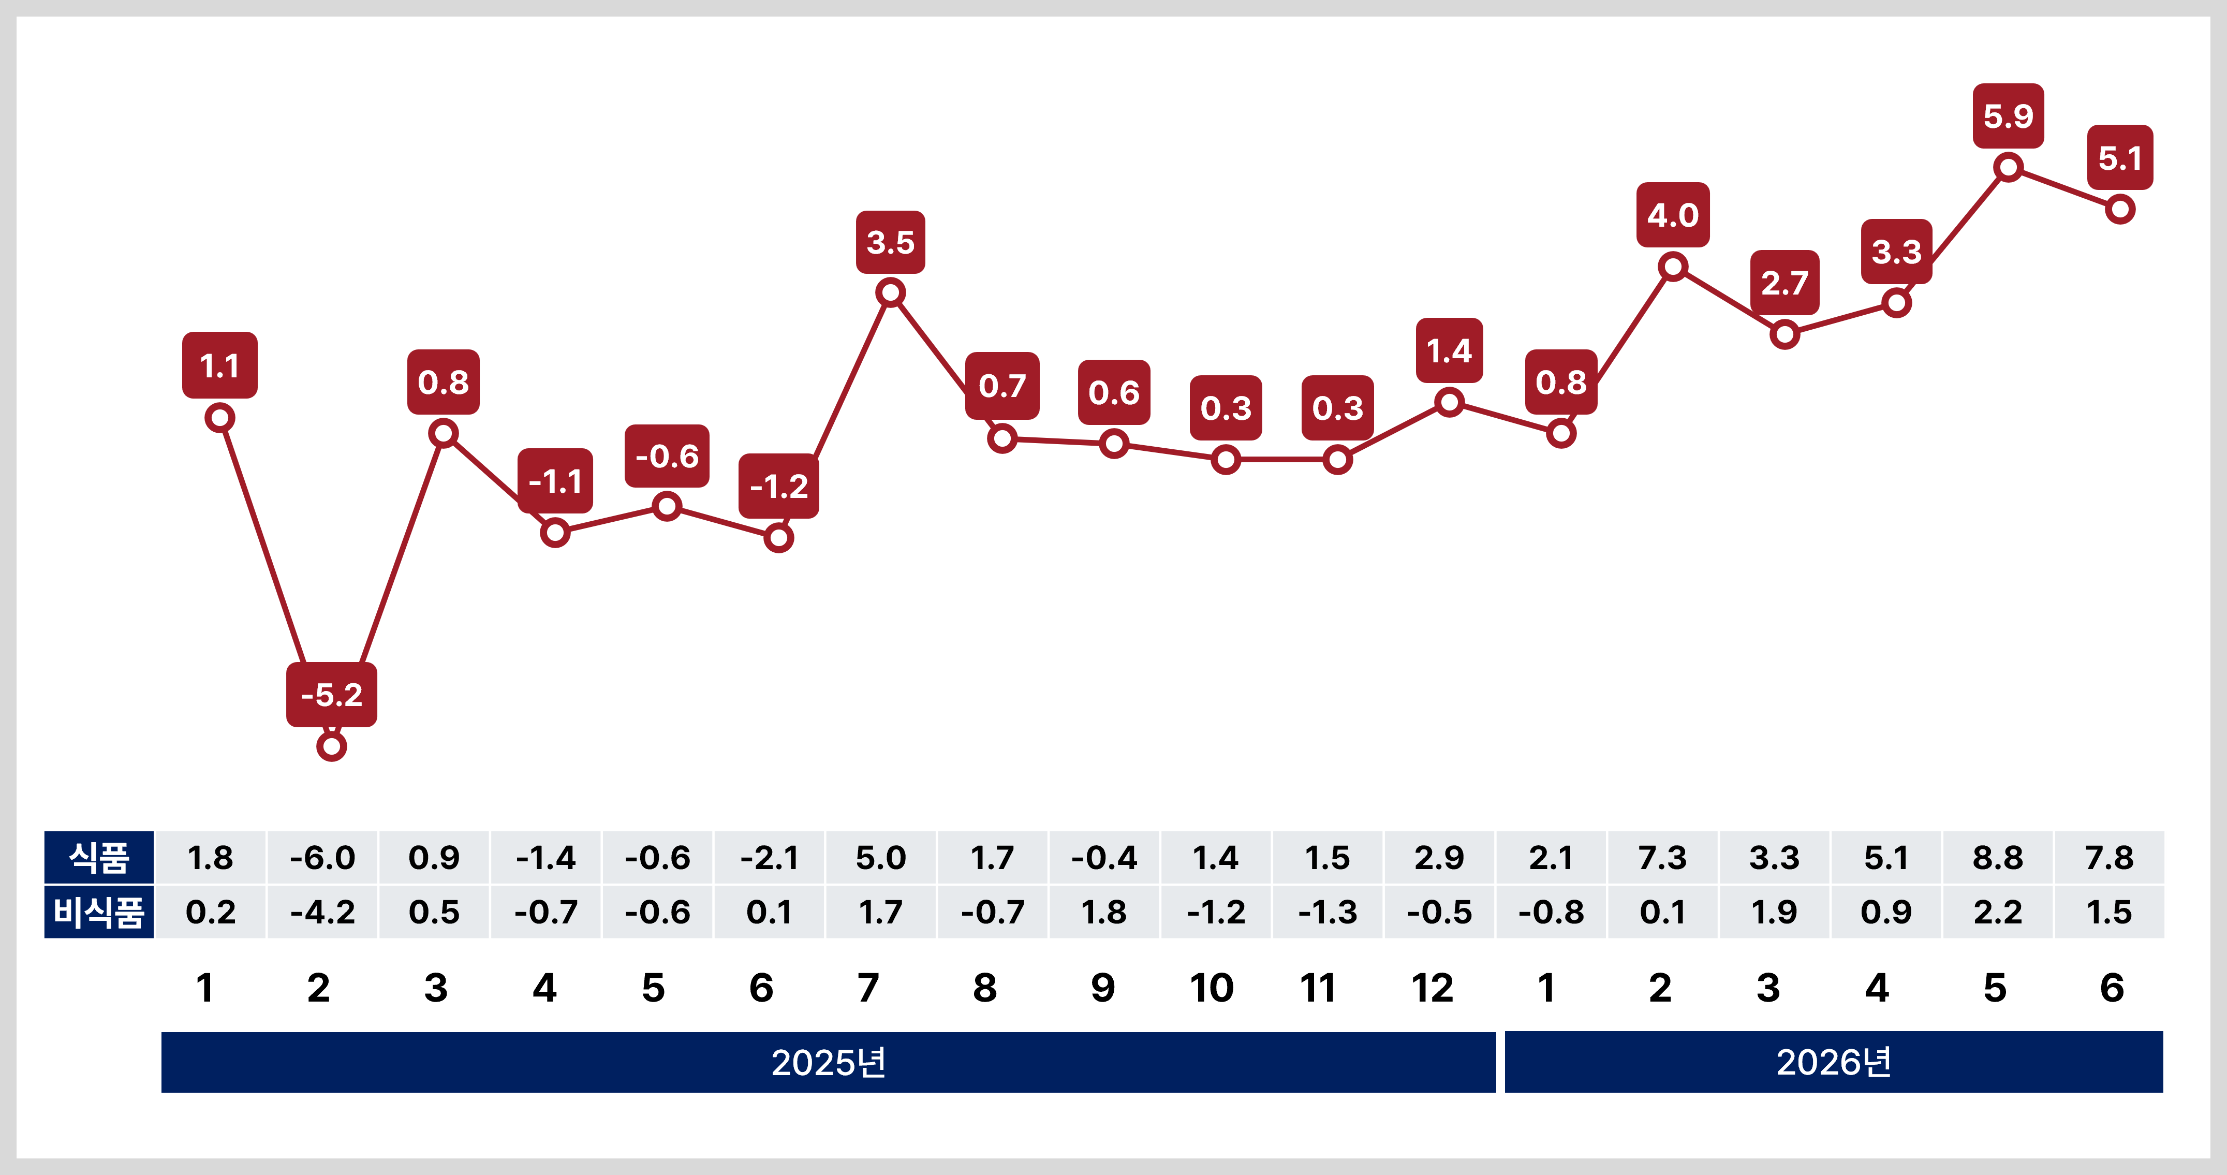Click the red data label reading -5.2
[x=332, y=694]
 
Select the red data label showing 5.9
[x=2008, y=116]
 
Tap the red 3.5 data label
[x=891, y=242]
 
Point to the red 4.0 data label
[x=1673, y=214]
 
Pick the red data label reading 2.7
[x=1785, y=283]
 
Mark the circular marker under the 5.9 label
[x=2008, y=167]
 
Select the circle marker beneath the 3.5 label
[x=891, y=293]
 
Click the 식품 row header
[x=99, y=858]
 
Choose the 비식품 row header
[x=99, y=912]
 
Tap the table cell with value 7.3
[x=1662, y=858]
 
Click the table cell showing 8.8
[x=1998, y=858]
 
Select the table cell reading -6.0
[x=322, y=858]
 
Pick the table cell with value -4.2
[x=322, y=912]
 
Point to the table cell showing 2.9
[x=1439, y=858]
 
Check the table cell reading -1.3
[x=1328, y=912]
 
